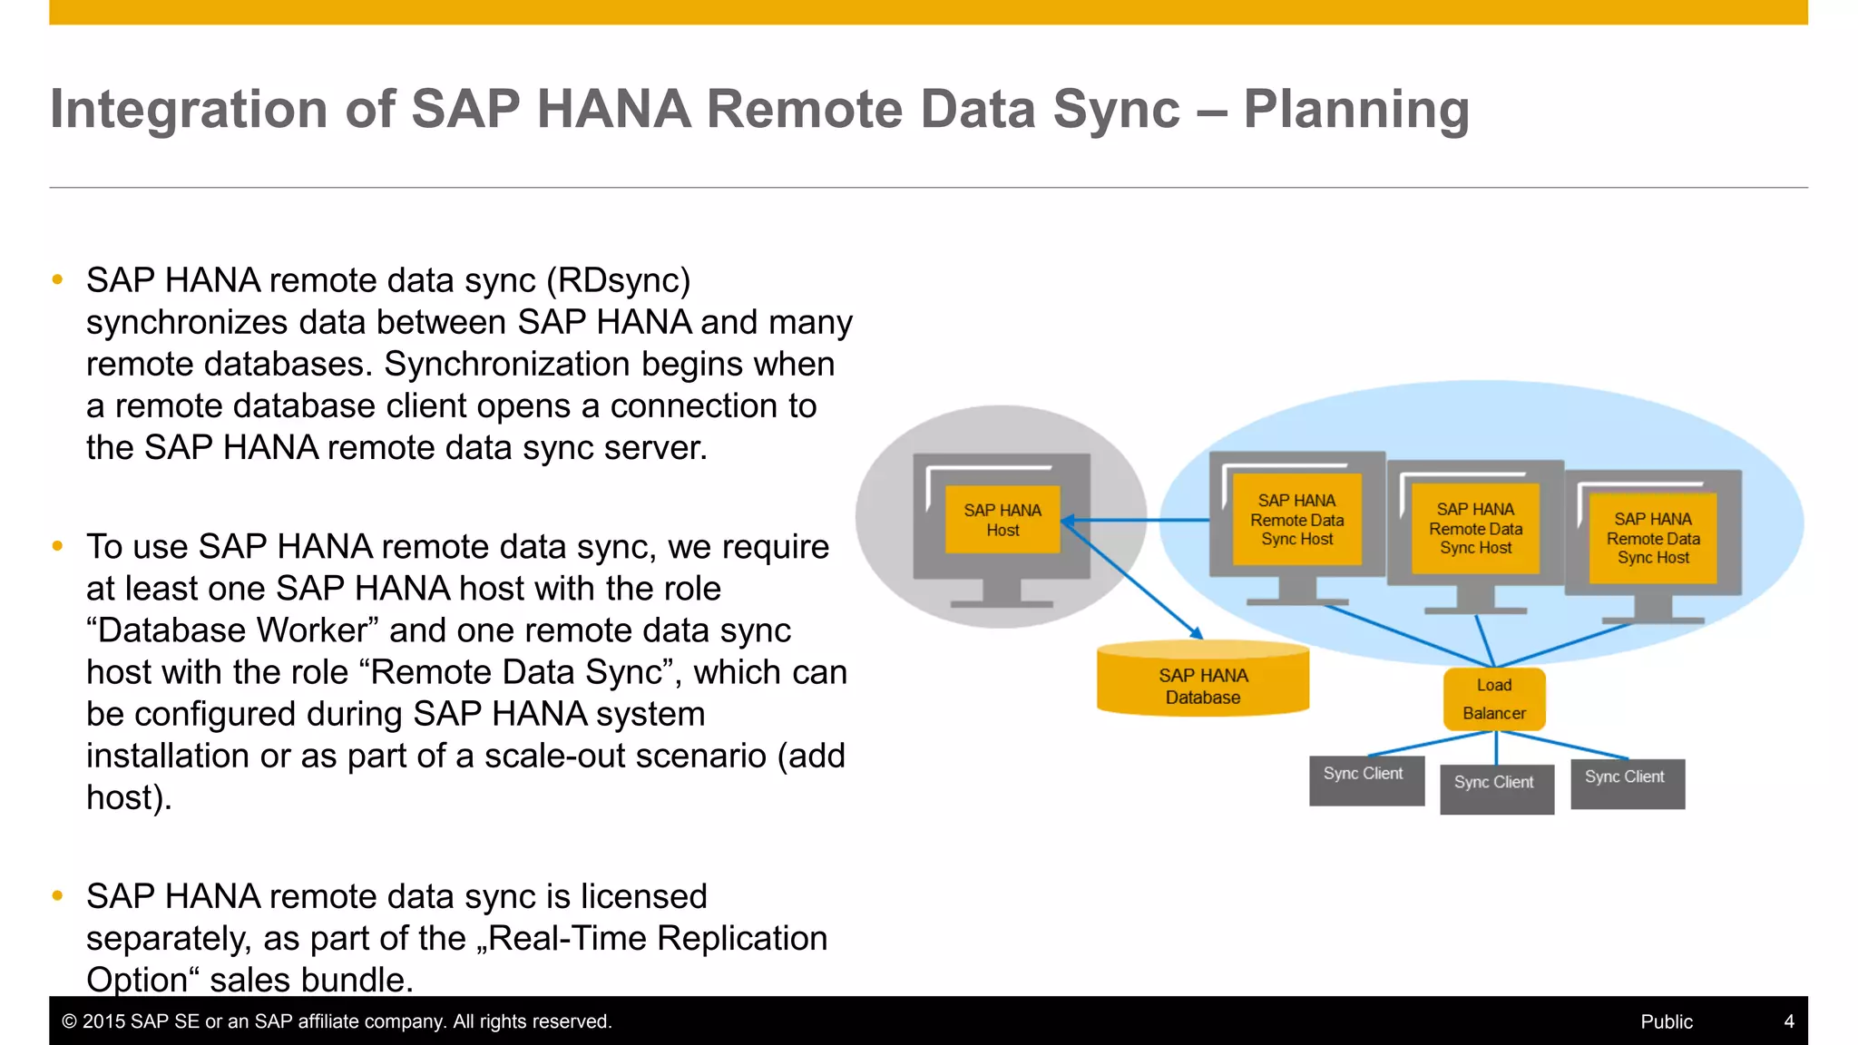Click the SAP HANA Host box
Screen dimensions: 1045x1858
pyautogui.click(x=1002, y=520)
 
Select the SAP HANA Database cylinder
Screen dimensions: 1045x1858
pyautogui.click(x=1203, y=680)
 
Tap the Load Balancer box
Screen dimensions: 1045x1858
pyautogui.click(x=1494, y=699)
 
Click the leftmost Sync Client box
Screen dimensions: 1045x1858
pyautogui.click(x=1366, y=780)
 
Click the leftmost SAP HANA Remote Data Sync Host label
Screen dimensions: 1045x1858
pyautogui.click(x=1297, y=520)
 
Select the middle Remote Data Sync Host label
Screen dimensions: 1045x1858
pyautogui.click(x=1476, y=529)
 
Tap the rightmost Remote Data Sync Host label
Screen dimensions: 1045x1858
pyautogui.click(x=1653, y=538)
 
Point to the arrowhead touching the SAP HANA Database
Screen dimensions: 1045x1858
pyautogui.click(x=1197, y=633)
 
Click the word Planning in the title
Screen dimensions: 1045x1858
pyautogui.click(x=1356, y=110)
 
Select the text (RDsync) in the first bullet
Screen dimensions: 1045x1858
pyautogui.click(x=619, y=280)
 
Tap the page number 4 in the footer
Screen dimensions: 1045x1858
pyautogui.click(x=1789, y=1021)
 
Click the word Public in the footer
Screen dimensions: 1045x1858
pyautogui.click(x=1667, y=1021)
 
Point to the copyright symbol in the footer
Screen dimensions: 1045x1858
pyautogui.click(x=69, y=1021)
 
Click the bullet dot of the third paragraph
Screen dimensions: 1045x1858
pyautogui.click(x=58, y=896)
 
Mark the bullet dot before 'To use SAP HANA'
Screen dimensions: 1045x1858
pyautogui.click(x=58, y=546)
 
